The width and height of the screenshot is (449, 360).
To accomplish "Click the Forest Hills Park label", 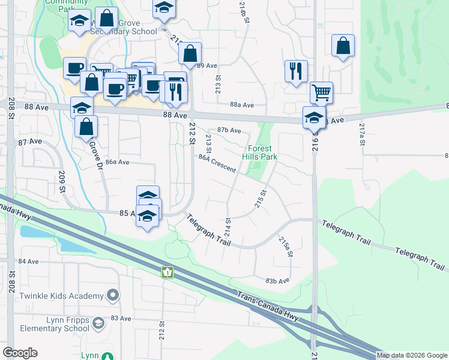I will click(260, 152).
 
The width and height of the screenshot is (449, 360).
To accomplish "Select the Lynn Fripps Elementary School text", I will click(54, 325).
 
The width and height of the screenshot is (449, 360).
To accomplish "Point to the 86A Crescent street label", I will click(217, 163).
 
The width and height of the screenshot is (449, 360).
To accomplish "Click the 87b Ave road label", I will click(229, 130).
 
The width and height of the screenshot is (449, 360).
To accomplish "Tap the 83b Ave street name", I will click(277, 280).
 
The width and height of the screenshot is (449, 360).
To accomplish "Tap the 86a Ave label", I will click(117, 162).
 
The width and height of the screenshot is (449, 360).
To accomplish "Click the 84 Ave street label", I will click(29, 262).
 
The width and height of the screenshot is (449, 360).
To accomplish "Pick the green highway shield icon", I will click(167, 272).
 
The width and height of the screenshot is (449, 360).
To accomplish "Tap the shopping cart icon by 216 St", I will click(322, 92).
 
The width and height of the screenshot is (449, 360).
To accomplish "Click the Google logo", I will click(20, 353).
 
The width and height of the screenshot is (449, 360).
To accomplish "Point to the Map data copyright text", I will click(411, 355).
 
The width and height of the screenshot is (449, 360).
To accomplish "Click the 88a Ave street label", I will click(242, 104).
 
